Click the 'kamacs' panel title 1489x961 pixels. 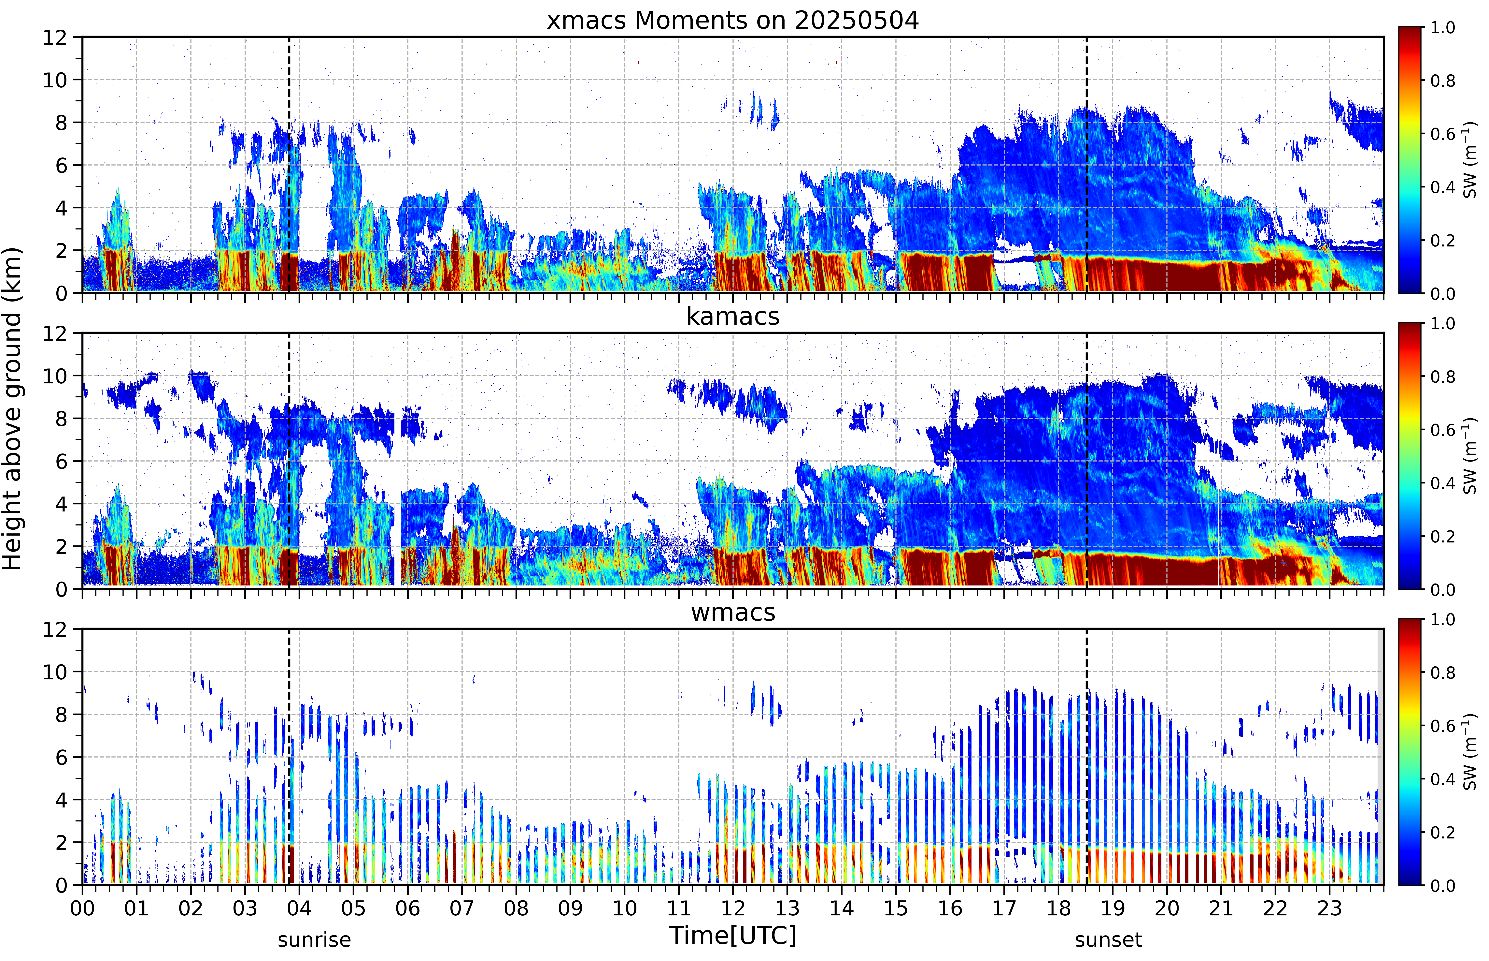tap(733, 316)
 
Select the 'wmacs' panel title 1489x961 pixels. tap(733, 612)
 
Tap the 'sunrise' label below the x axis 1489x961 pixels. tap(314, 939)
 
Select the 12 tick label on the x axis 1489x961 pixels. tap(733, 908)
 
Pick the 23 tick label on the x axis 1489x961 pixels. tap(1329, 908)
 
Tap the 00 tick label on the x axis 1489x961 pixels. tap(82, 908)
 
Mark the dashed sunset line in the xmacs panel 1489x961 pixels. tap(1086, 165)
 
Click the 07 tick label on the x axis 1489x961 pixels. tap(462, 908)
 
